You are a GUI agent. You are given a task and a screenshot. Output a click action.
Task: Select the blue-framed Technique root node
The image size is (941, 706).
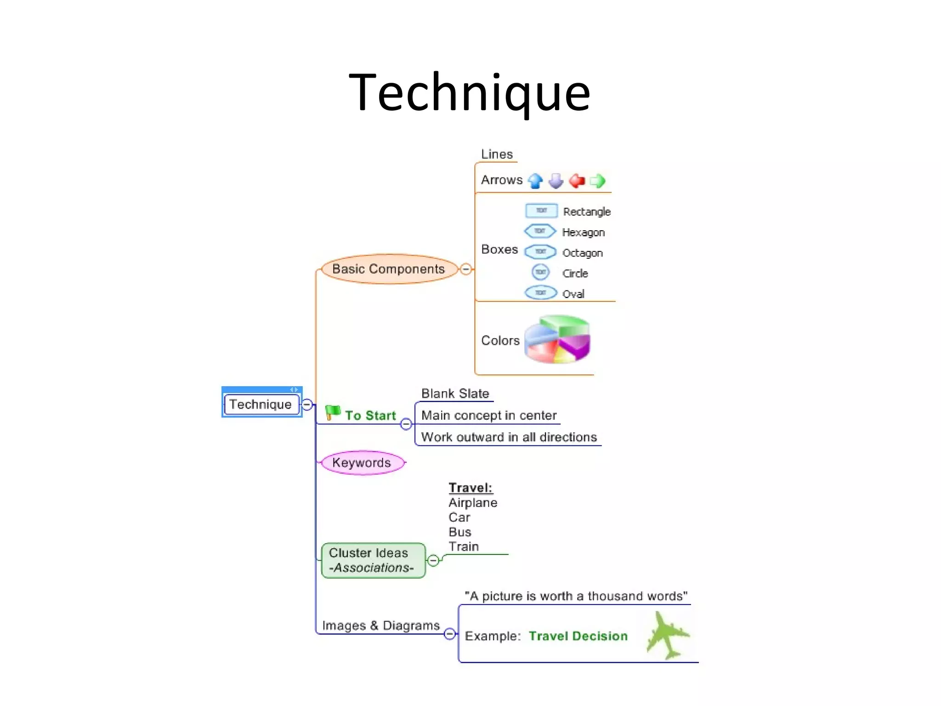[x=261, y=404]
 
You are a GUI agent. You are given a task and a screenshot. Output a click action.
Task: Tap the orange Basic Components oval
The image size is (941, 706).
[x=388, y=269]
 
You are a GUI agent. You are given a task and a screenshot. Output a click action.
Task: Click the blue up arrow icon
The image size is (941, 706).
[x=535, y=181]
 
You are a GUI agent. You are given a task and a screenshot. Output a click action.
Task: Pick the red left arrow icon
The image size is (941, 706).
[x=577, y=181]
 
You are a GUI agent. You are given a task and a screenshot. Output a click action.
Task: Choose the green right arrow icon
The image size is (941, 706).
[x=597, y=181]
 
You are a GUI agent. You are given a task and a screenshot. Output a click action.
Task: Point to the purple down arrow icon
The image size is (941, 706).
[x=556, y=181]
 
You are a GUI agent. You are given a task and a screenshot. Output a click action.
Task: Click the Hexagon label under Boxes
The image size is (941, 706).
[x=583, y=233]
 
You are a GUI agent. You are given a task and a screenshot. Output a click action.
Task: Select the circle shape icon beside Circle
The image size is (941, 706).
[x=540, y=272]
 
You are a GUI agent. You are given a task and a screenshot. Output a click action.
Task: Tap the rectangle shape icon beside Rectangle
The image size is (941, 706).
[x=541, y=211]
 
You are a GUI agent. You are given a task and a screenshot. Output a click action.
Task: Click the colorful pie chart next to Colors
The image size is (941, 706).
[x=557, y=339]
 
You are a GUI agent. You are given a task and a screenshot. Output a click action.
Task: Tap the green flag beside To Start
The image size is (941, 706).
[x=332, y=412]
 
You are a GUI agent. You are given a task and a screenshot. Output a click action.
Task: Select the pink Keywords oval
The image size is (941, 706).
[x=362, y=462]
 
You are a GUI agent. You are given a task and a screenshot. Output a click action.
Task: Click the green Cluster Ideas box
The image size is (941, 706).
[x=373, y=560]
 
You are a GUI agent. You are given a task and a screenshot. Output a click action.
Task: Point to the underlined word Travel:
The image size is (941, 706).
[x=470, y=488]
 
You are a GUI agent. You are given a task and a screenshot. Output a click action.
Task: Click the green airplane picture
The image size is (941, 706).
[x=668, y=636]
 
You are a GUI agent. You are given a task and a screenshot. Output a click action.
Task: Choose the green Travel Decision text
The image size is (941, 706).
[x=578, y=636]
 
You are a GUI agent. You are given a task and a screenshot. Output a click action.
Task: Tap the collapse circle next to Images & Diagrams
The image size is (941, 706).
[x=450, y=634]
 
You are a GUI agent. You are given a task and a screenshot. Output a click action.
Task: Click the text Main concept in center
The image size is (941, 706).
[x=488, y=416]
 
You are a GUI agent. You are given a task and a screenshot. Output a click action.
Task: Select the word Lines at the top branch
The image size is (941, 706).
[x=497, y=154]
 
